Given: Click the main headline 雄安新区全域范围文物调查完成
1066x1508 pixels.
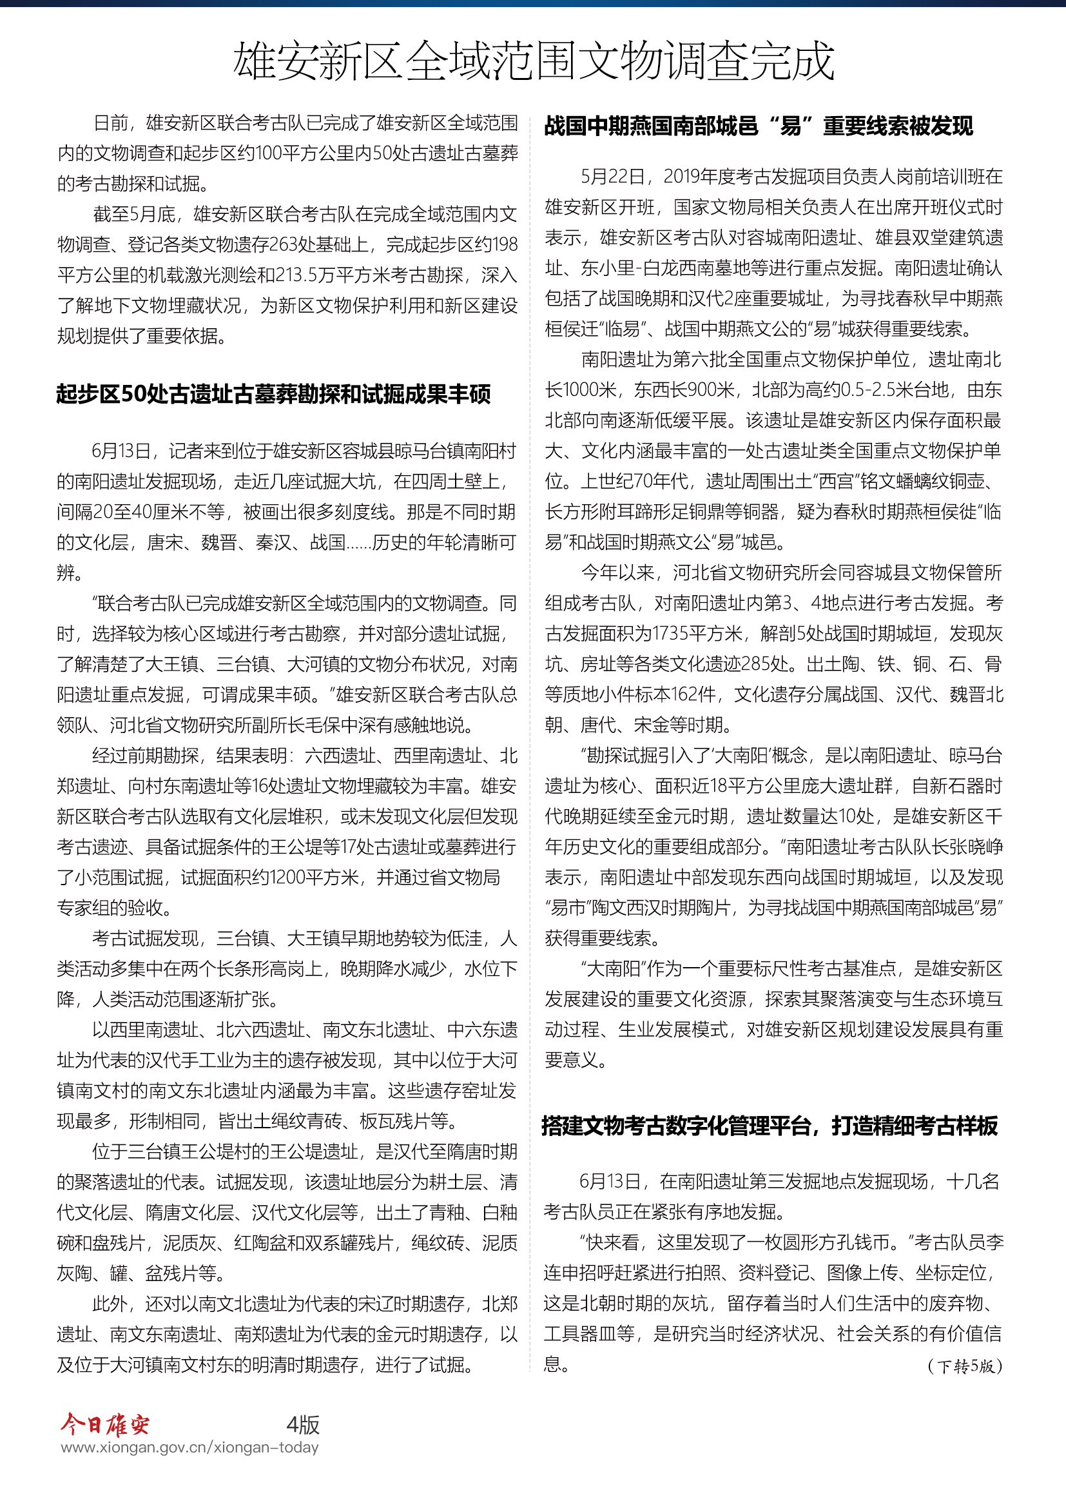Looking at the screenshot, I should [x=533, y=61].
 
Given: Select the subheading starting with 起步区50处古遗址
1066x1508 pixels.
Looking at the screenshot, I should [x=273, y=394].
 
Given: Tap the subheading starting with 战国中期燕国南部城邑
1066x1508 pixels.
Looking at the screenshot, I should [x=758, y=126].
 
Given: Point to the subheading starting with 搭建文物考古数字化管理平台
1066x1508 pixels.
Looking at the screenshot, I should [x=770, y=1126].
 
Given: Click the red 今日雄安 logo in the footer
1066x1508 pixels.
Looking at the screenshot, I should [x=105, y=1425].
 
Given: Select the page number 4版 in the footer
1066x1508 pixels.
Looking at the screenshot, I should [x=303, y=1425].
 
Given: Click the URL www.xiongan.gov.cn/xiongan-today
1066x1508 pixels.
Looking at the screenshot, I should [x=189, y=1447].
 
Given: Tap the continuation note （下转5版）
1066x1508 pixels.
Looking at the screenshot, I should [x=965, y=1366].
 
